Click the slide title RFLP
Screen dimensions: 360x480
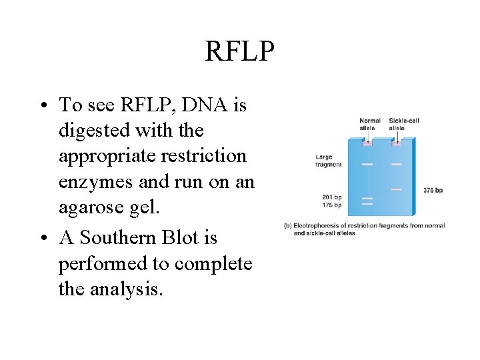click(239, 51)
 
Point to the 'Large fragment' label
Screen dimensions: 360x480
click(329, 161)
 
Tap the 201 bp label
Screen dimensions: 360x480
click(331, 197)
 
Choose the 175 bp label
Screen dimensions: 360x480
click(331, 205)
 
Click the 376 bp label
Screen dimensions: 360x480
click(433, 190)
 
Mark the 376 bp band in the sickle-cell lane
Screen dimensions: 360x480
click(396, 189)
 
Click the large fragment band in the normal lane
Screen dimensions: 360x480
click(367, 163)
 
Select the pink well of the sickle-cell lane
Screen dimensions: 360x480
click(396, 142)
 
